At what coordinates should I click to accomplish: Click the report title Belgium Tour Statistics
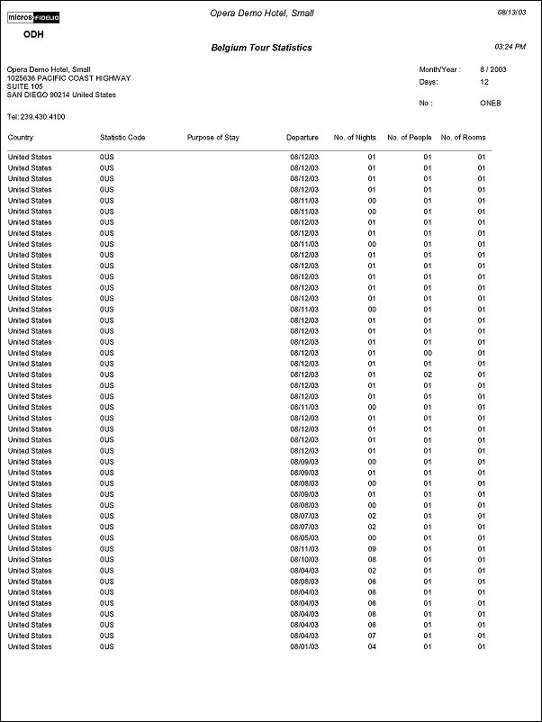261,48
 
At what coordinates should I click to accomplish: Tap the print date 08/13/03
512,12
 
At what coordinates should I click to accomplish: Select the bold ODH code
32,35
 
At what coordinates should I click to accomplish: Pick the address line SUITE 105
24,87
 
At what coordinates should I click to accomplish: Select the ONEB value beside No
491,104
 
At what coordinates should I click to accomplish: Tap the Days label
428,82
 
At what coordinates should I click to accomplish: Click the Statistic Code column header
122,138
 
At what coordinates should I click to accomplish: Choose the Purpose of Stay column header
212,138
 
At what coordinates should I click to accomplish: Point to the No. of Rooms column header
464,138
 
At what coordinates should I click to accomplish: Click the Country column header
21,138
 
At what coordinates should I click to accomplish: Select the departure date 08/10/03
304,559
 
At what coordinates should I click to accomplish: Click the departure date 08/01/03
304,646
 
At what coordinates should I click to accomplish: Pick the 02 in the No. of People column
429,375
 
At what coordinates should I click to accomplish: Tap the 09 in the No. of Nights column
371,548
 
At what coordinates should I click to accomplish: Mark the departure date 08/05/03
304,537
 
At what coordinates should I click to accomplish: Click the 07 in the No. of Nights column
371,636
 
